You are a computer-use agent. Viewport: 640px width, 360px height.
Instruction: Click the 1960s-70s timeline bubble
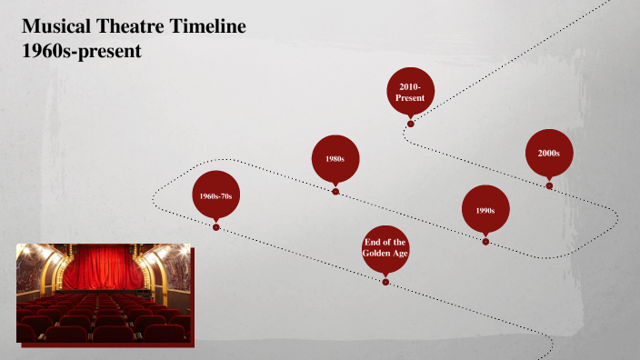click(x=216, y=195)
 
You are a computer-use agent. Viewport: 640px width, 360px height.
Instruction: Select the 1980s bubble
click(x=335, y=159)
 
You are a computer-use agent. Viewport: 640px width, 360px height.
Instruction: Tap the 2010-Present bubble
click(x=410, y=91)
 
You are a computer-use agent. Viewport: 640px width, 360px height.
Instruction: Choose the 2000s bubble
click(x=548, y=153)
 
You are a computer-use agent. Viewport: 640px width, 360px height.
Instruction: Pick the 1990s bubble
click(x=485, y=210)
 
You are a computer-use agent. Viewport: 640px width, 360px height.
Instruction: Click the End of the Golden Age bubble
click(x=385, y=248)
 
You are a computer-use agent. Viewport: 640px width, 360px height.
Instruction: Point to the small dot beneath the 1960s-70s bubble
click(x=216, y=227)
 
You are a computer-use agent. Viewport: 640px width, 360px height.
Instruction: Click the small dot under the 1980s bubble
click(x=335, y=192)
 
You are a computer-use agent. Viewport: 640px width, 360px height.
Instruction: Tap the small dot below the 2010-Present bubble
click(x=411, y=124)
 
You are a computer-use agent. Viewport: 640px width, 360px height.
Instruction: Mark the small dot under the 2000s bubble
click(x=549, y=185)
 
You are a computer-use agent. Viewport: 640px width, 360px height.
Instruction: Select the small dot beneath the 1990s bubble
click(x=485, y=242)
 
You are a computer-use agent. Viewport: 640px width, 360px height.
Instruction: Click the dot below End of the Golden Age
click(x=385, y=282)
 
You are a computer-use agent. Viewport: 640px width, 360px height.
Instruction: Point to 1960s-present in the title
click(x=82, y=51)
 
